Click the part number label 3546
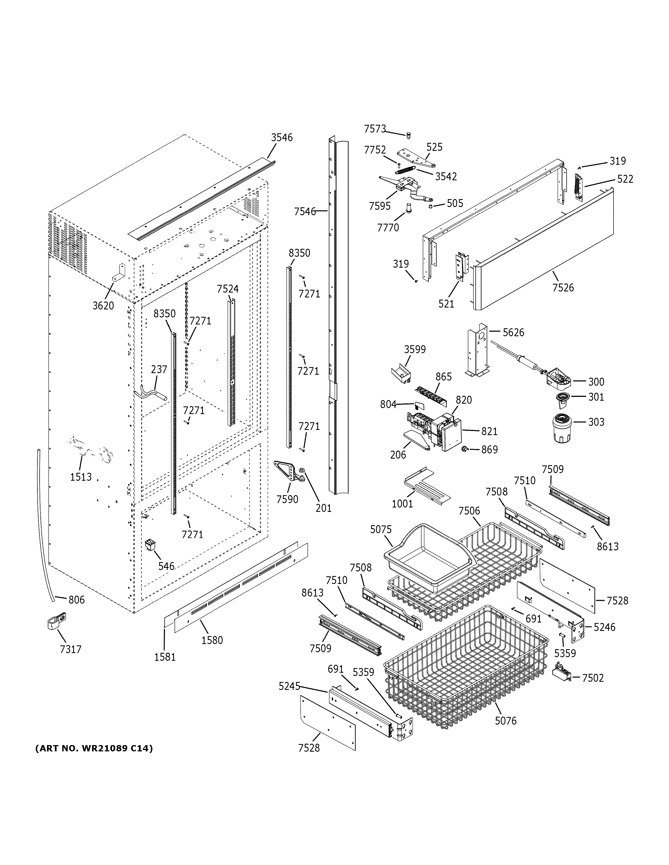click(282, 137)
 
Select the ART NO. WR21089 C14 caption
click(94, 748)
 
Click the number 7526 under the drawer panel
click(563, 288)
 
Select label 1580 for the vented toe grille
click(212, 640)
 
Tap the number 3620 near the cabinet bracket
click(103, 305)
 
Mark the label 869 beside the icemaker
click(489, 450)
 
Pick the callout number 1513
click(81, 477)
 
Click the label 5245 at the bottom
click(289, 686)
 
